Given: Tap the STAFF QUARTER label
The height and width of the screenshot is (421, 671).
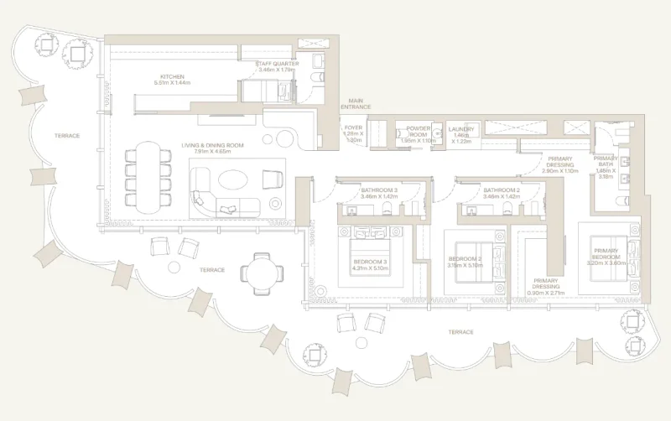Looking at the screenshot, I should click(278, 63).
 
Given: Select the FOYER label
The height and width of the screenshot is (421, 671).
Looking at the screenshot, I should click(354, 128).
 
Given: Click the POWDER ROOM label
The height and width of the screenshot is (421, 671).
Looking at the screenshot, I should click(418, 132).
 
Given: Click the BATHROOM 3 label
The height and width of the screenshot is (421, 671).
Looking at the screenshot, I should click(379, 190).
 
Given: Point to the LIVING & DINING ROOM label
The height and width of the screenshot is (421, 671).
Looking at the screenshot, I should click(212, 146).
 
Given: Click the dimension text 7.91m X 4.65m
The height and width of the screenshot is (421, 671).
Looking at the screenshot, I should click(212, 153).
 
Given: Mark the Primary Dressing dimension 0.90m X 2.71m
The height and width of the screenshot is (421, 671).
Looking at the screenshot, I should click(546, 293).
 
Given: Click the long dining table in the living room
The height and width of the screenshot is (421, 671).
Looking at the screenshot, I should click(148, 177).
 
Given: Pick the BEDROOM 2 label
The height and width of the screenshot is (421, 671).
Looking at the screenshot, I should click(464, 258).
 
